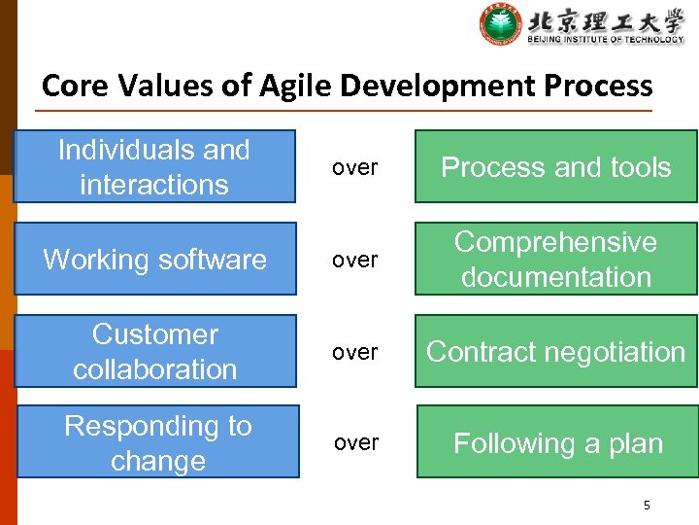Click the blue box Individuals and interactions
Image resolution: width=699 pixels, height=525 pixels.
154,166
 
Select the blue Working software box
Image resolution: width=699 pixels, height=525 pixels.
155,259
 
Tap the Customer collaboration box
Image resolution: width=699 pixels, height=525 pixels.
155,351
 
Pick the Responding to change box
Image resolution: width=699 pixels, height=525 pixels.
157,442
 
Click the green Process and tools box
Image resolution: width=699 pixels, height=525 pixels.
555,166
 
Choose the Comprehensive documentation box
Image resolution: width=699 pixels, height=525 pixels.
555,259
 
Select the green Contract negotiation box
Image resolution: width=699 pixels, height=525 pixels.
555,351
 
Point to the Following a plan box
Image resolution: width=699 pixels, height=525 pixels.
557,442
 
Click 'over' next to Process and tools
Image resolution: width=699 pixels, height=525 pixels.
354,167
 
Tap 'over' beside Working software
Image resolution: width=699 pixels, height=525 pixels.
354,260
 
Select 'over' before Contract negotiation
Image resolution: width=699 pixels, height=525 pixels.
354,352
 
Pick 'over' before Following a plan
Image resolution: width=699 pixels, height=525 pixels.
356,443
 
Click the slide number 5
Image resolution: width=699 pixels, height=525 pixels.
647,506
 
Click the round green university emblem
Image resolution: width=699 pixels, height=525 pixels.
500,24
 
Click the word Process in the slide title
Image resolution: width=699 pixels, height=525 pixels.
598,87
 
